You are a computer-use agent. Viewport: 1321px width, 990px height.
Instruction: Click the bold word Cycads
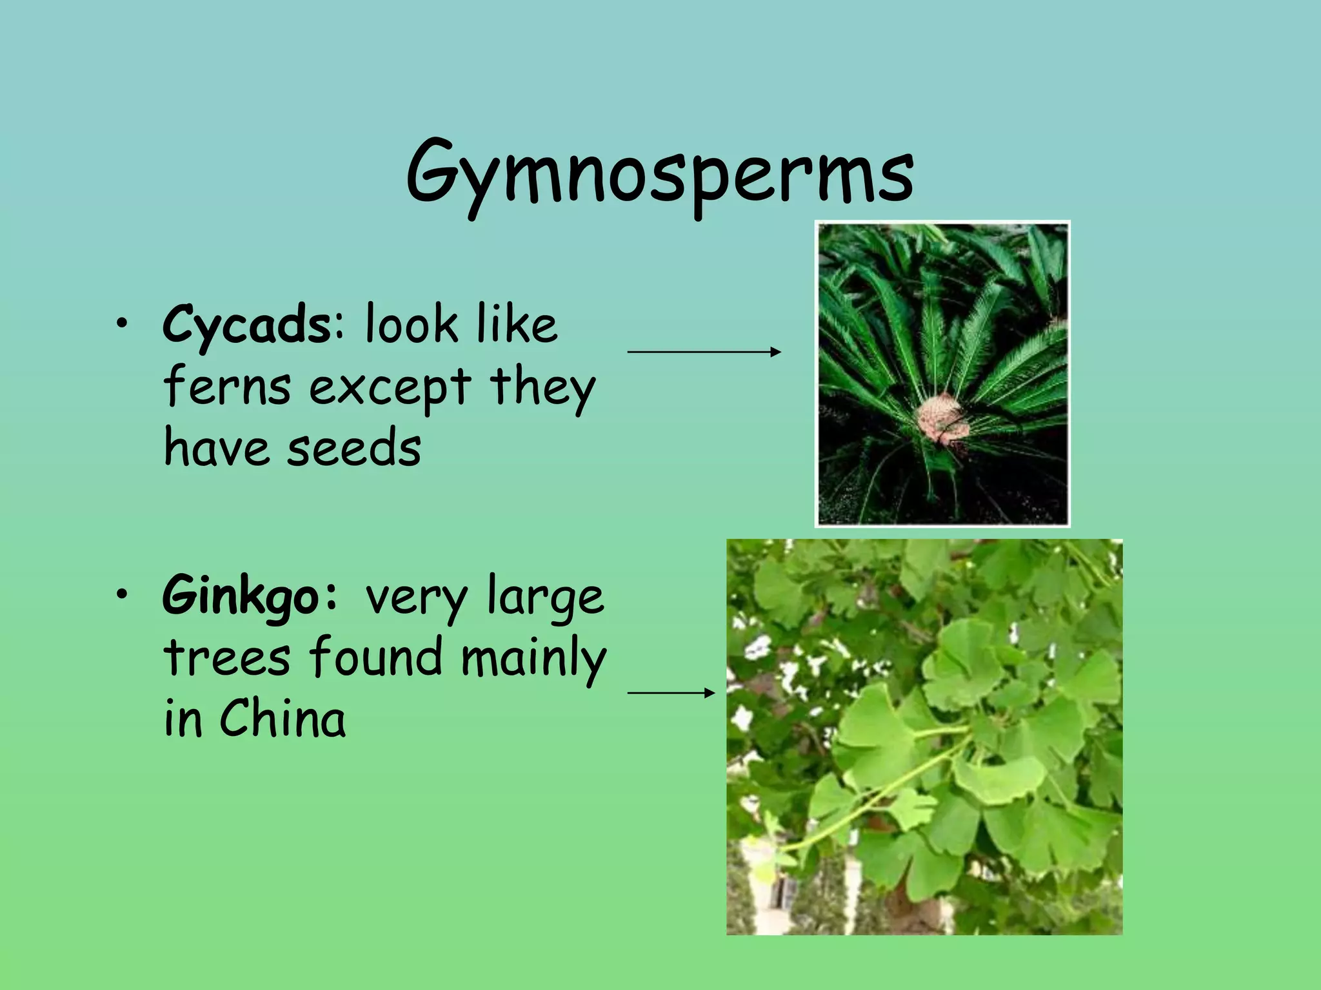point(246,325)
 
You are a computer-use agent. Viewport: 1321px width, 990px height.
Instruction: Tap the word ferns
point(227,387)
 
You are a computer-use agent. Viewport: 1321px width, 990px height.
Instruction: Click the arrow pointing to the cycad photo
point(704,352)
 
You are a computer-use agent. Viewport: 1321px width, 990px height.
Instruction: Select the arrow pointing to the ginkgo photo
point(671,693)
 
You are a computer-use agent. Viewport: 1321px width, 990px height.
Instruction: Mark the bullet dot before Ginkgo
point(121,596)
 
